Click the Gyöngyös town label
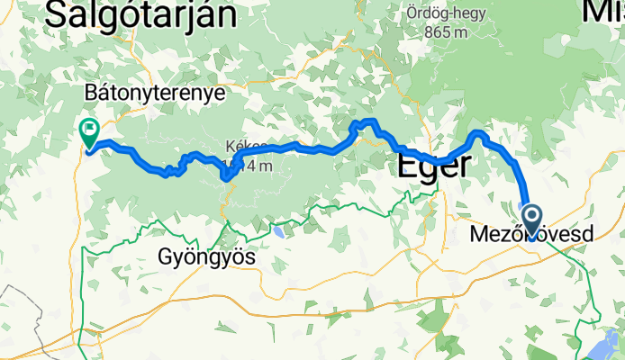[206, 257]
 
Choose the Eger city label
[434, 166]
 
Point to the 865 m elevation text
[448, 32]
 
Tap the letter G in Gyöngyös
[164, 257]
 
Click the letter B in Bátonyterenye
[88, 93]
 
